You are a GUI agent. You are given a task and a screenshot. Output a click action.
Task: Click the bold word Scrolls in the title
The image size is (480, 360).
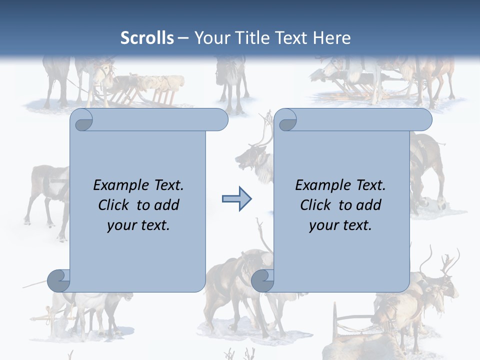point(147,38)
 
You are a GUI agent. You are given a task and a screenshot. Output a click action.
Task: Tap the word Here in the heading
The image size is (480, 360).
point(331,38)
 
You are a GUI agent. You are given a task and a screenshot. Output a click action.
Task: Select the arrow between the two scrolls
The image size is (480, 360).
point(236,199)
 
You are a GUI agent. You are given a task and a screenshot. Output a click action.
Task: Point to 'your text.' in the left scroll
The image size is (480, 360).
point(138,225)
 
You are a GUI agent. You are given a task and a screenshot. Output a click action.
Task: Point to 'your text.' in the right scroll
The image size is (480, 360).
point(340,225)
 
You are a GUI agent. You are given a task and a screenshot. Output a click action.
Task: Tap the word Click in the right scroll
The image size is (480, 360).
point(316,205)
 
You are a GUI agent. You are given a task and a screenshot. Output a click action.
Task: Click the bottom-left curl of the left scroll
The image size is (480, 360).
point(59,280)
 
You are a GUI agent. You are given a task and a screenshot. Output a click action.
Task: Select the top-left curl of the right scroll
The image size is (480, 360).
point(286,120)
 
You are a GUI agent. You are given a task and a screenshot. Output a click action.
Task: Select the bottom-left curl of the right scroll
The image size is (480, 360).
point(262,280)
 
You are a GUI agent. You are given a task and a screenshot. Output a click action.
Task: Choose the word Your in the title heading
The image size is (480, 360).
point(210,38)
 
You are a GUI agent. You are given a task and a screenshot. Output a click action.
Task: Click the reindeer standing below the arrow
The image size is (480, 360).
point(235,290)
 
